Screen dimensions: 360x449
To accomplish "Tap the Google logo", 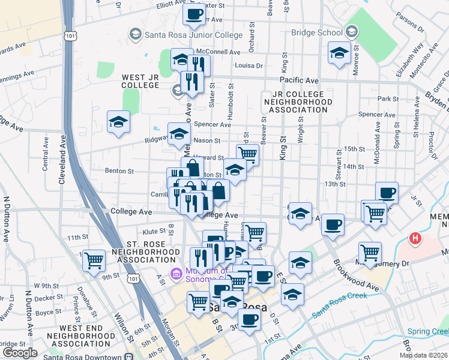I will pyautogui.click(x=20, y=353).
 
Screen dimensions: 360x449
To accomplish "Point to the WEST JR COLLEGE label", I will pyautogui.click(x=141, y=81).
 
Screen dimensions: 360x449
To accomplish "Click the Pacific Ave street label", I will pyautogui.click(x=299, y=80).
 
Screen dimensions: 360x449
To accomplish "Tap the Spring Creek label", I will pyautogui.click(x=427, y=332).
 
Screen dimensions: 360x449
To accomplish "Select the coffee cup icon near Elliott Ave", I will pyautogui.click(x=194, y=15).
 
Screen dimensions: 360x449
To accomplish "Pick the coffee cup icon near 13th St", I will pyautogui.click(x=387, y=194).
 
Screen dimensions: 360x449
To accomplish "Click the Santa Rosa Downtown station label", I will pyautogui.click(x=84, y=356).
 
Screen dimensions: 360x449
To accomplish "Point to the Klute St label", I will pyautogui.click(x=154, y=231).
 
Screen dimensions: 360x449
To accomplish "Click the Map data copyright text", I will pyautogui.click(x=423, y=355).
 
